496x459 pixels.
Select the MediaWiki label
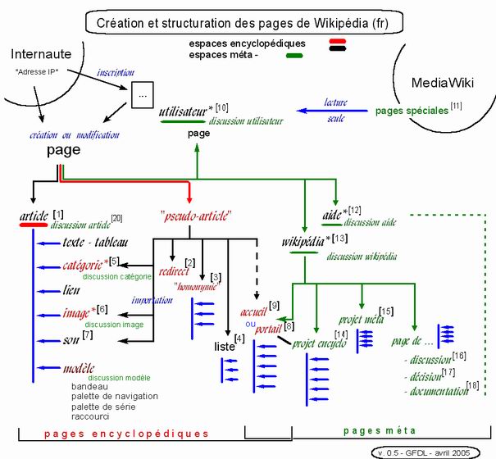coord(439,83)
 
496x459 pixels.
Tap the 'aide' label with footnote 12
coord(332,215)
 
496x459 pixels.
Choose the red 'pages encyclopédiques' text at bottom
coord(126,432)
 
